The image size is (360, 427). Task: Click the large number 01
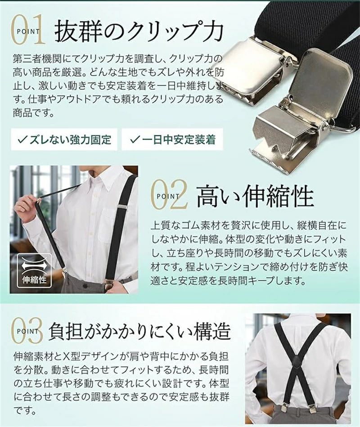[28, 30]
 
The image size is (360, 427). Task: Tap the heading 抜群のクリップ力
[139, 31]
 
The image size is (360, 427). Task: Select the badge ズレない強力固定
[64, 139]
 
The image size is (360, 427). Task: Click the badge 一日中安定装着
[172, 139]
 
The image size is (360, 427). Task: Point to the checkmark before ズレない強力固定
[22, 139]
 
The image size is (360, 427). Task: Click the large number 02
[169, 194]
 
